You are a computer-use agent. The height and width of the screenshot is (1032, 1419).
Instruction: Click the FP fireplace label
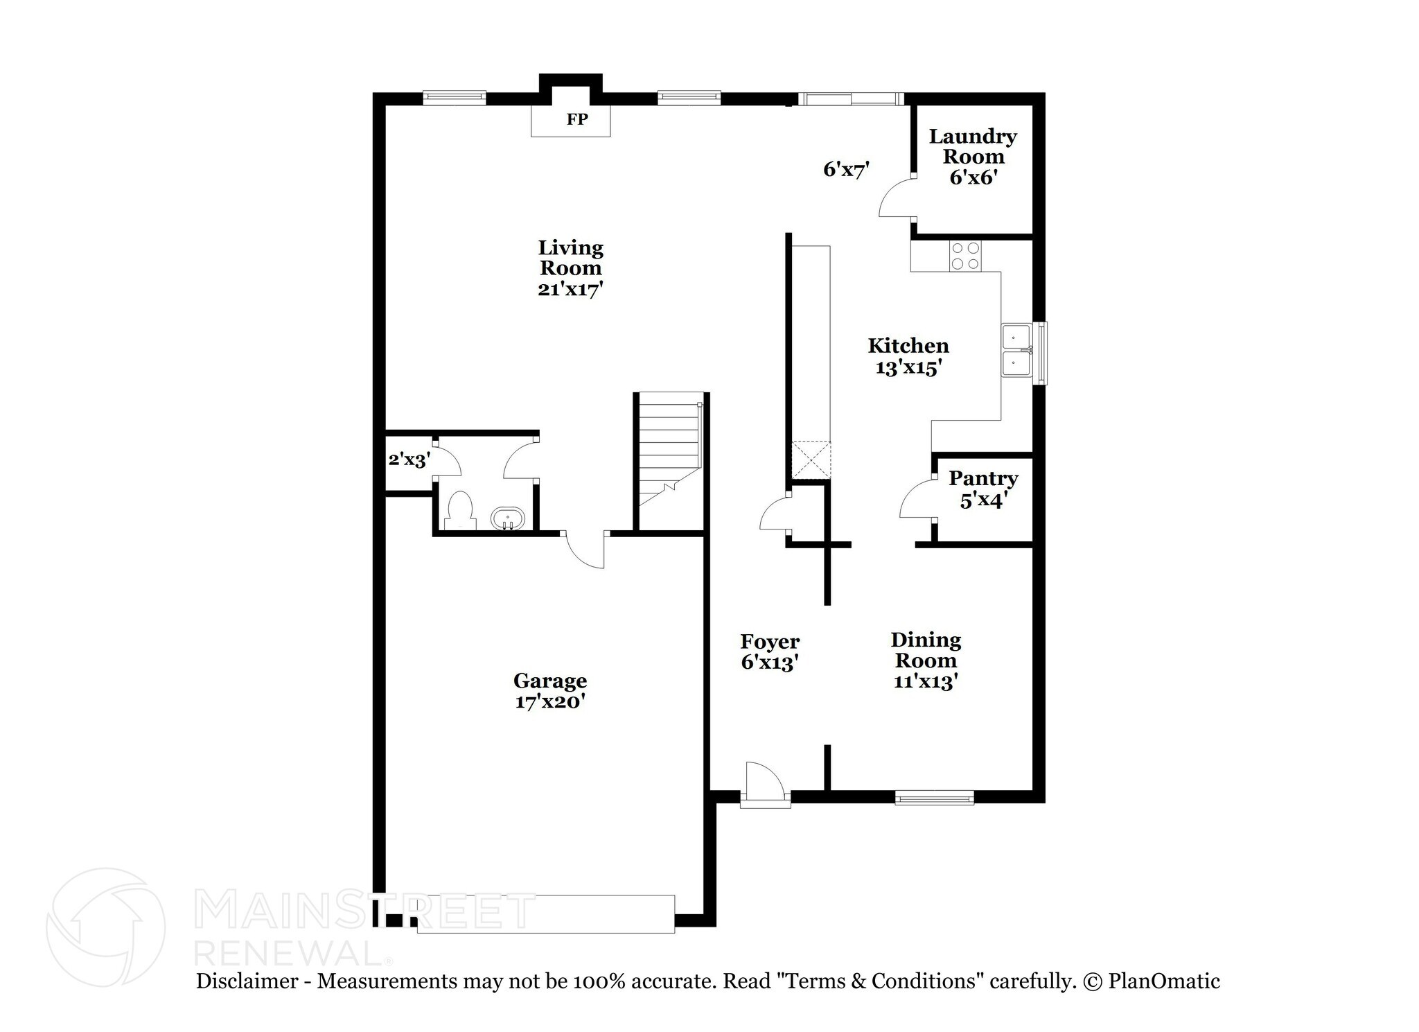point(576,119)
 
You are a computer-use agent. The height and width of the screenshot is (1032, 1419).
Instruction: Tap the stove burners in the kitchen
point(965,255)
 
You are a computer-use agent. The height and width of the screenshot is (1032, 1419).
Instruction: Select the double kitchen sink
point(1016,351)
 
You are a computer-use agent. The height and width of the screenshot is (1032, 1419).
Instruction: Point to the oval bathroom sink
point(508,518)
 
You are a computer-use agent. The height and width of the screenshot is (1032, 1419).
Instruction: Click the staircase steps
point(669,444)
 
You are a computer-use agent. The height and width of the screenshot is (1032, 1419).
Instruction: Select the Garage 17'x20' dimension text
point(550,701)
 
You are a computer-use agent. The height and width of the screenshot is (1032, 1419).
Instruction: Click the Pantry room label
point(982,478)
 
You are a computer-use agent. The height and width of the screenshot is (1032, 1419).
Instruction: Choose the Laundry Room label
point(972,146)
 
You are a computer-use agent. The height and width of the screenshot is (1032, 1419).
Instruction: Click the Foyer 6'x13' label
point(770,651)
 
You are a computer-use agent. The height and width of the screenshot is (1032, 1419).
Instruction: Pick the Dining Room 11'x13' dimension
point(925,681)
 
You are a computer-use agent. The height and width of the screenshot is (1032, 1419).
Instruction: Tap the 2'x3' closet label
point(409,459)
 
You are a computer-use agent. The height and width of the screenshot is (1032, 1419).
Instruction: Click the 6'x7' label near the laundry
point(845,169)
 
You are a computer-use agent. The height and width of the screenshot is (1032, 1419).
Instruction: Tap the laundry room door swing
point(896,200)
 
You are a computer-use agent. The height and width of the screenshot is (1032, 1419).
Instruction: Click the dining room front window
point(934,798)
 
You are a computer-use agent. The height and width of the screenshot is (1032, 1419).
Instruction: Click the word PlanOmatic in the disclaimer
point(1163,981)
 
